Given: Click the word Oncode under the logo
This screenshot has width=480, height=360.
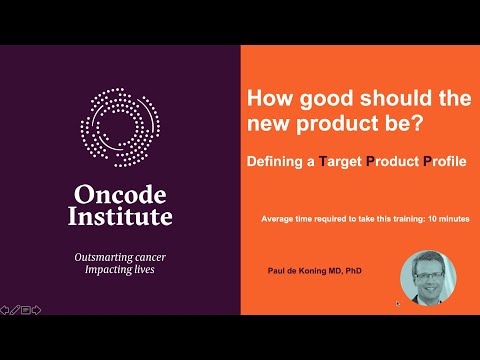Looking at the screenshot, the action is tap(120, 194).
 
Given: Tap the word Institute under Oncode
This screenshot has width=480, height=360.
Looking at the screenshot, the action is tap(120, 216).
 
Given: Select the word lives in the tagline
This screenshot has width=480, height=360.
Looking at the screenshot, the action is tap(144, 269).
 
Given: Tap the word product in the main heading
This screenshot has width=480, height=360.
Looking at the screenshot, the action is tap(338, 124).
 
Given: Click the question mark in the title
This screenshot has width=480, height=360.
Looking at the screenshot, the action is tap(417, 122).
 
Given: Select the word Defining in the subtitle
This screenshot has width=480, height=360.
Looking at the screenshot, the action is tap(275, 162).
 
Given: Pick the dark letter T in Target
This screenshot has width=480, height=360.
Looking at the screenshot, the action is tap(323, 161).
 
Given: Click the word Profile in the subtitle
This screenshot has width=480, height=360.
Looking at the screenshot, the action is tap(445, 161).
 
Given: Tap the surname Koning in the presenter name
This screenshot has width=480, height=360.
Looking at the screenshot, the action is tap(312, 271).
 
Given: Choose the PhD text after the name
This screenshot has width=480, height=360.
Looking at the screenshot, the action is tap(353, 270).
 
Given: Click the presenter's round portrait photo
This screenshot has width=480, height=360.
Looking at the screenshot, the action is tap(428, 278).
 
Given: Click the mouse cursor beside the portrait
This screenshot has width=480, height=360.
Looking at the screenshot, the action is tap(397, 303).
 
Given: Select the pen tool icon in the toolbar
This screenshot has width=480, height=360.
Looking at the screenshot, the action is tap(15, 310).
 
